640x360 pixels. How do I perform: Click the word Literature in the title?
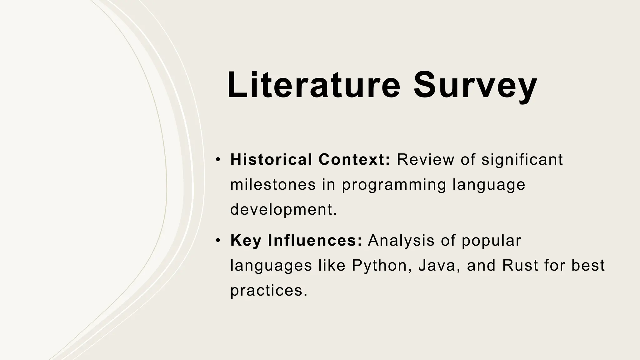[313, 85]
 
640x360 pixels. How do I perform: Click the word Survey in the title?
[475, 85]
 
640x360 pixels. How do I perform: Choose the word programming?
[394, 185]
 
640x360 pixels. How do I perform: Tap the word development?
[283, 209]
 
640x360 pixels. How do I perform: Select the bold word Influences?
[315, 240]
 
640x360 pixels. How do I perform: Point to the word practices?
[267, 291]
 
